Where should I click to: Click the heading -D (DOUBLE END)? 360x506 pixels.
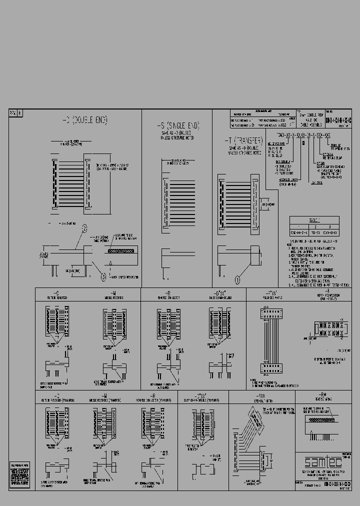[x=84, y=120]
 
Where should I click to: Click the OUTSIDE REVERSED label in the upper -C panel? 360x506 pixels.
[x=56, y=297]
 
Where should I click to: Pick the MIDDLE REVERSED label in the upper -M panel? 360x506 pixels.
[x=113, y=297]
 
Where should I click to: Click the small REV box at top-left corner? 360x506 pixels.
[x=13, y=113]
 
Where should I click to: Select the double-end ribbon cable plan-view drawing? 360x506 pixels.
[x=71, y=183]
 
